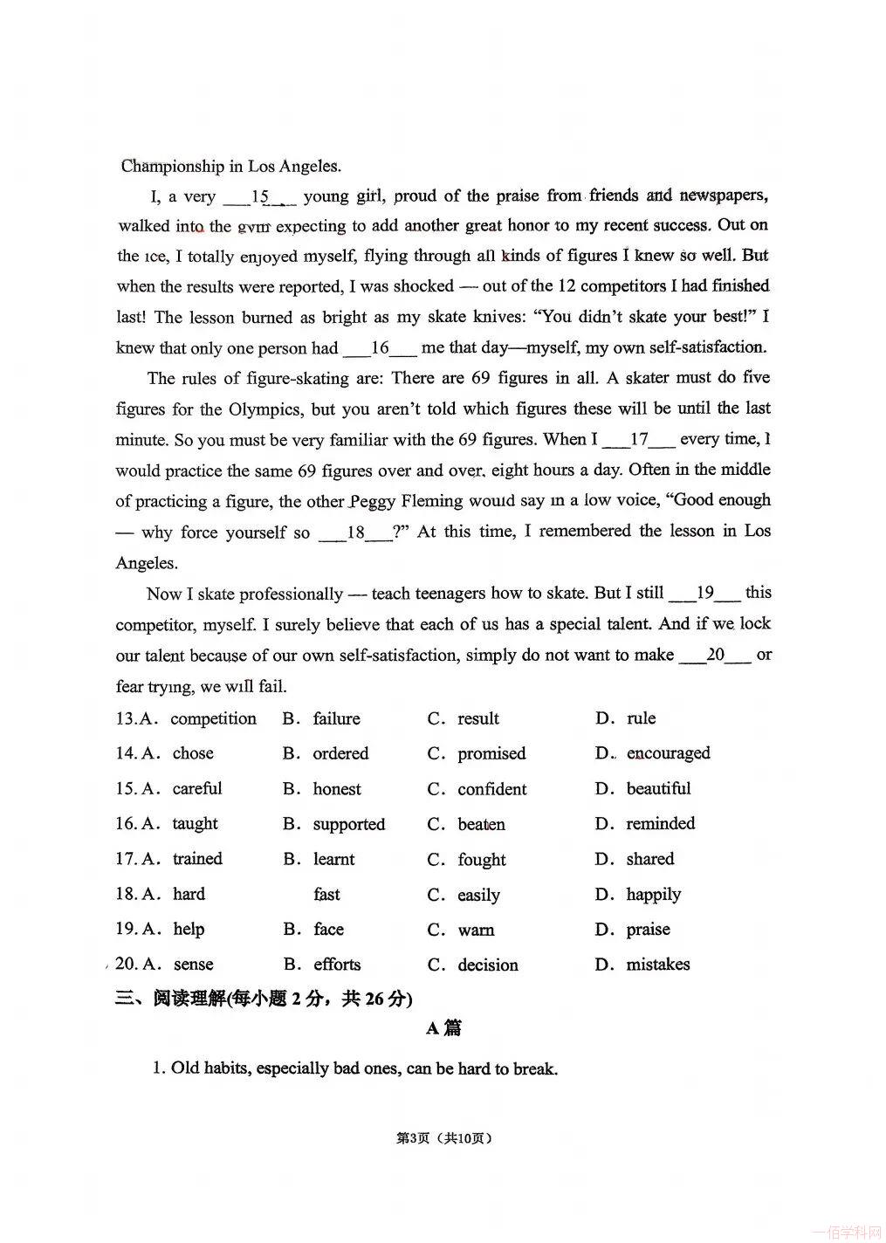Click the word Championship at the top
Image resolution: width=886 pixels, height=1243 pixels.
click(x=173, y=166)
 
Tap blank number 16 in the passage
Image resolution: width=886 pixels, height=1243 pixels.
click(x=380, y=347)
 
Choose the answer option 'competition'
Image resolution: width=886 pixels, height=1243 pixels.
click(x=213, y=718)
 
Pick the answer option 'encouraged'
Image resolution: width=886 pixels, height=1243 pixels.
click(x=668, y=753)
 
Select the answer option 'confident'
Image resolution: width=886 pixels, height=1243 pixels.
click(x=491, y=789)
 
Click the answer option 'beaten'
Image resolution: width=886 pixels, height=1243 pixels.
click(x=481, y=824)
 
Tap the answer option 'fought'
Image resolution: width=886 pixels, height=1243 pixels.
click(x=481, y=860)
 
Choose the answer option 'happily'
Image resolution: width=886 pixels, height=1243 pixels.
click(x=653, y=895)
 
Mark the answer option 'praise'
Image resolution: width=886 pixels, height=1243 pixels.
click(x=648, y=930)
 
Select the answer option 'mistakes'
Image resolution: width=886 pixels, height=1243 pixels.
click(x=657, y=965)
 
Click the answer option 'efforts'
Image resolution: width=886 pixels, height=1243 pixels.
click(x=337, y=965)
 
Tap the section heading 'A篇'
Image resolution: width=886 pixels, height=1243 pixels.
click(x=443, y=1028)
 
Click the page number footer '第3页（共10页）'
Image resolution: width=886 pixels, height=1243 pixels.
click(x=443, y=1138)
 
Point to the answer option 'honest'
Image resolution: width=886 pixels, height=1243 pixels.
click(x=337, y=789)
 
